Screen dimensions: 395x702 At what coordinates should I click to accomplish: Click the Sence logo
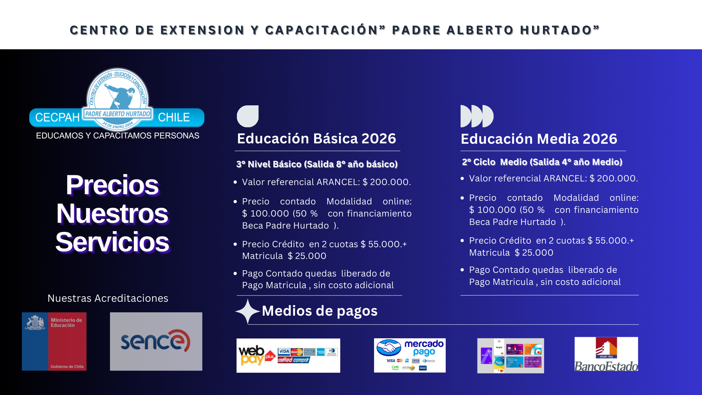[156, 341]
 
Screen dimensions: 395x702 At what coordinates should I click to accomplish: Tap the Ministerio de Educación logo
[54, 341]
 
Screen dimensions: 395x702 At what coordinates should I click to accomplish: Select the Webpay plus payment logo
[288, 355]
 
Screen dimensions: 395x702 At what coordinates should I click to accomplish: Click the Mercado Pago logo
[409, 355]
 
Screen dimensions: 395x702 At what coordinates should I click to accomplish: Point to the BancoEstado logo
[606, 354]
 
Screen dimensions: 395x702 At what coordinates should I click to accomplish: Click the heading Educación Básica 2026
[316, 139]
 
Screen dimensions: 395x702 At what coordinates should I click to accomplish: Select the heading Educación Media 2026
[539, 139]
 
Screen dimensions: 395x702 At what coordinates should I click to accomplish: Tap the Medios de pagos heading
[320, 311]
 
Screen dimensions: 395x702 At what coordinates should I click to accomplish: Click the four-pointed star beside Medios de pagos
[248, 311]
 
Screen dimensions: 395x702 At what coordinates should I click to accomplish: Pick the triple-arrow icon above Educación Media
[477, 116]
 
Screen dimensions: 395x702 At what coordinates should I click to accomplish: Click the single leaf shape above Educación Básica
[248, 116]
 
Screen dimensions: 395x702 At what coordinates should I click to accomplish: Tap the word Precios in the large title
[112, 185]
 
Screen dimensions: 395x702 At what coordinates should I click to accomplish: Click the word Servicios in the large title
[112, 242]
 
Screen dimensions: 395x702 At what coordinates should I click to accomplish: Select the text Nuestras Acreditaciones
[108, 298]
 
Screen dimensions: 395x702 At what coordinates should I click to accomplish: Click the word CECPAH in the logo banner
[57, 117]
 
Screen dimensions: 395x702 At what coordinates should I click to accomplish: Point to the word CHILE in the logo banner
[174, 117]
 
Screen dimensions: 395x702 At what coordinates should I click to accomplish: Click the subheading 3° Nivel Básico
[317, 164]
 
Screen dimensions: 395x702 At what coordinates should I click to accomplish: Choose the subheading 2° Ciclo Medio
[542, 162]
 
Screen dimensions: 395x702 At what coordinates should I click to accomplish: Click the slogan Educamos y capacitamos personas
[117, 136]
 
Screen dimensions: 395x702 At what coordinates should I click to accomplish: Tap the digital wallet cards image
[510, 355]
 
